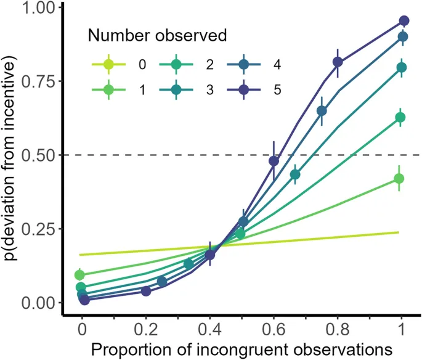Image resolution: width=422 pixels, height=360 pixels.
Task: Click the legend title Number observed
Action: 158,35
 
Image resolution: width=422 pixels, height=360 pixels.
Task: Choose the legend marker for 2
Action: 176,63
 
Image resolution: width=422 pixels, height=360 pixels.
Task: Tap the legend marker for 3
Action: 176,90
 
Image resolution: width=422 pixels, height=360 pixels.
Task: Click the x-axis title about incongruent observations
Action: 241,348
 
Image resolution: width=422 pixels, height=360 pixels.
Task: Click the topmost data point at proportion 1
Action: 404,21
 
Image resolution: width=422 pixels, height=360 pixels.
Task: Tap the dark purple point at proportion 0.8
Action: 338,62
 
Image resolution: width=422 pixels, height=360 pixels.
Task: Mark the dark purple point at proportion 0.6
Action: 274,161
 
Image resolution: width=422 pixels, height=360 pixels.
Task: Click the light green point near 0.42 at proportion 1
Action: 399,179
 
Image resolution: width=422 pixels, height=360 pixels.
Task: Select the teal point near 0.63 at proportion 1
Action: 400,117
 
